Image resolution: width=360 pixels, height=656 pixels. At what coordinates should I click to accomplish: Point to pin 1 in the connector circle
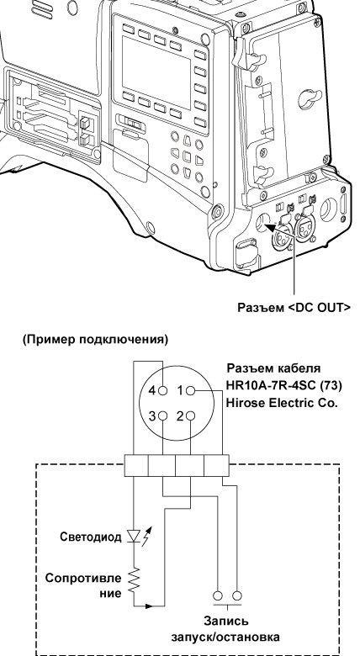[188, 392]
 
